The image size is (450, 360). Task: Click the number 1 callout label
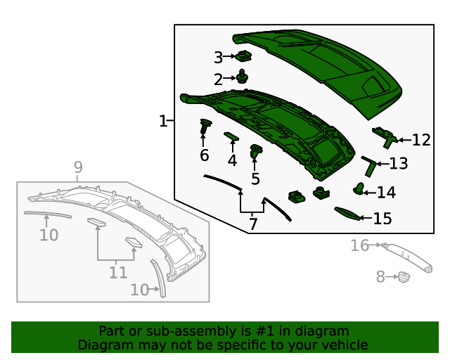pyautogui.click(x=162, y=122)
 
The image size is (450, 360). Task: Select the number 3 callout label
pyautogui.click(x=218, y=57)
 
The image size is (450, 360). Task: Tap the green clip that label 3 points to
pyautogui.click(x=244, y=56)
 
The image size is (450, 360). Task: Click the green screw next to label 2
pyautogui.click(x=243, y=77)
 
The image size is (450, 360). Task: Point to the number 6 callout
pyautogui.click(x=204, y=155)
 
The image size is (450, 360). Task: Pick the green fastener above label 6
pyautogui.click(x=205, y=127)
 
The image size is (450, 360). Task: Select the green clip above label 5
pyautogui.click(x=256, y=150)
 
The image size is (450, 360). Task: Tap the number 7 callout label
pyautogui.click(x=253, y=224)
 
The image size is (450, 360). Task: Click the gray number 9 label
pyautogui.click(x=78, y=167)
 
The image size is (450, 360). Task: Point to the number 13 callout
pyautogui.click(x=398, y=165)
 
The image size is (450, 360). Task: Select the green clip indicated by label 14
pyautogui.click(x=359, y=188)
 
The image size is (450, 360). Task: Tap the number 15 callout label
pyautogui.click(x=382, y=219)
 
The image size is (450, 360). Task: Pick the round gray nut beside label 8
pyautogui.click(x=404, y=277)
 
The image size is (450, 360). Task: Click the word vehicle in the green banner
pyautogui.click(x=344, y=345)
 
